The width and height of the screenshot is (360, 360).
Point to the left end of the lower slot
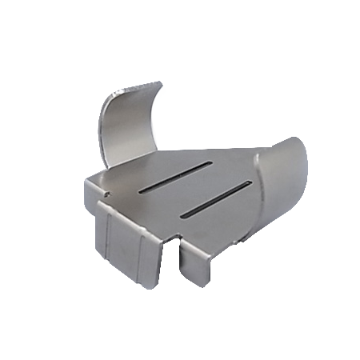coord(184,214)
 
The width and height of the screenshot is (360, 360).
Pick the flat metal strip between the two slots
coord(196,189)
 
